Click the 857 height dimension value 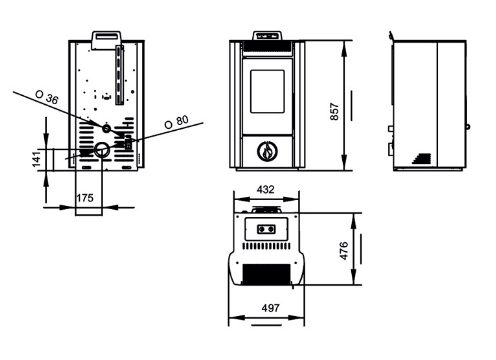coord(334,112)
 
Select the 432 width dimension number coord(265,189)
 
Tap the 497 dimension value coord(270,308)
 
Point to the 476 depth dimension coord(343,251)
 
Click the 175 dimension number coord(85,198)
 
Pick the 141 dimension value coord(36,159)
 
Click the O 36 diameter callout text coord(47,97)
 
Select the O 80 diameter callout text coord(176,122)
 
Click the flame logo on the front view coord(267,151)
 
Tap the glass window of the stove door coord(267,91)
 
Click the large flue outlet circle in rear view coord(102,150)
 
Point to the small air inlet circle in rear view coord(107,128)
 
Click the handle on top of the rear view coord(106,40)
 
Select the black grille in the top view coord(266,274)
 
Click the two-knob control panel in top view coord(266,229)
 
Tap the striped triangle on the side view coord(422,158)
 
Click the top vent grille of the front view coord(267,47)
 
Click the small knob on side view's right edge coord(468,127)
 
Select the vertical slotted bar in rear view coord(119,75)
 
